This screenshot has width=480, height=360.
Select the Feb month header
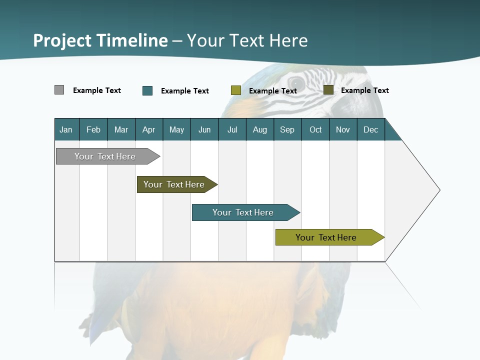click(x=93, y=129)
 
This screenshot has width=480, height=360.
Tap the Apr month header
click(x=149, y=129)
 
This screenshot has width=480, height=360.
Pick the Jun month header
click(x=204, y=129)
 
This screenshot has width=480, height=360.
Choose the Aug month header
click(x=260, y=129)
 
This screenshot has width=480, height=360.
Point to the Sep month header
click(x=287, y=129)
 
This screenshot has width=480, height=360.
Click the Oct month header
click(x=315, y=129)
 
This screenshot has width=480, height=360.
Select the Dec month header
click(x=371, y=129)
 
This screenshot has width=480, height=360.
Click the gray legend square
click(x=59, y=90)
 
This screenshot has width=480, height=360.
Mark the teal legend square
click(x=147, y=90)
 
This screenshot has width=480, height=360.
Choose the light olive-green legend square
click(x=236, y=90)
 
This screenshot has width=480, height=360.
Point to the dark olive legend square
click(x=328, y=90)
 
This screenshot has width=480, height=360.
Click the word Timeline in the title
click(x=132, y=40)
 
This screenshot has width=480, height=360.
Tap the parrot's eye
click(x=296, y=82)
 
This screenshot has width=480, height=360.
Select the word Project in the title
click(x=62, y=40)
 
